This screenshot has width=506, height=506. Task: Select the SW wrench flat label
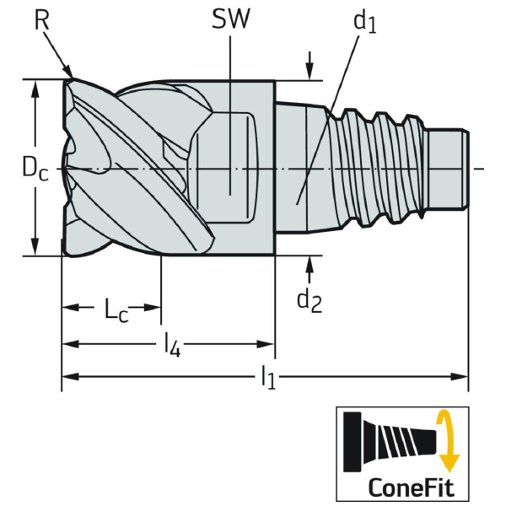230,19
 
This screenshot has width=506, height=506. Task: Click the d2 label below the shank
310,300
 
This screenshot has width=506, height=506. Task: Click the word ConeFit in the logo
411,487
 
